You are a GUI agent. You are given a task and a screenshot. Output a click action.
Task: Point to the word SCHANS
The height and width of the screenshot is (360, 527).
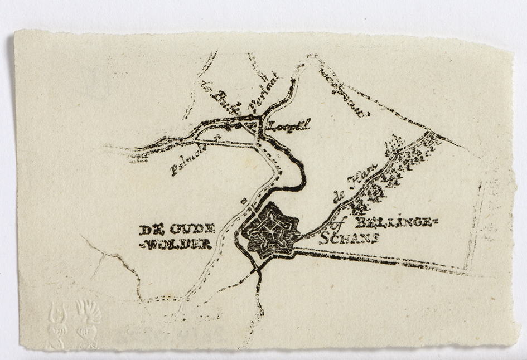pos(350,239)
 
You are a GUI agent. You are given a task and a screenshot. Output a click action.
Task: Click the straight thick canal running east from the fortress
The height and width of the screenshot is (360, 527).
pos(379,260)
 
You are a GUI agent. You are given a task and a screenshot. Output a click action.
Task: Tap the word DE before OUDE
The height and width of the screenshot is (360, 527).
pos(149,230)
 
